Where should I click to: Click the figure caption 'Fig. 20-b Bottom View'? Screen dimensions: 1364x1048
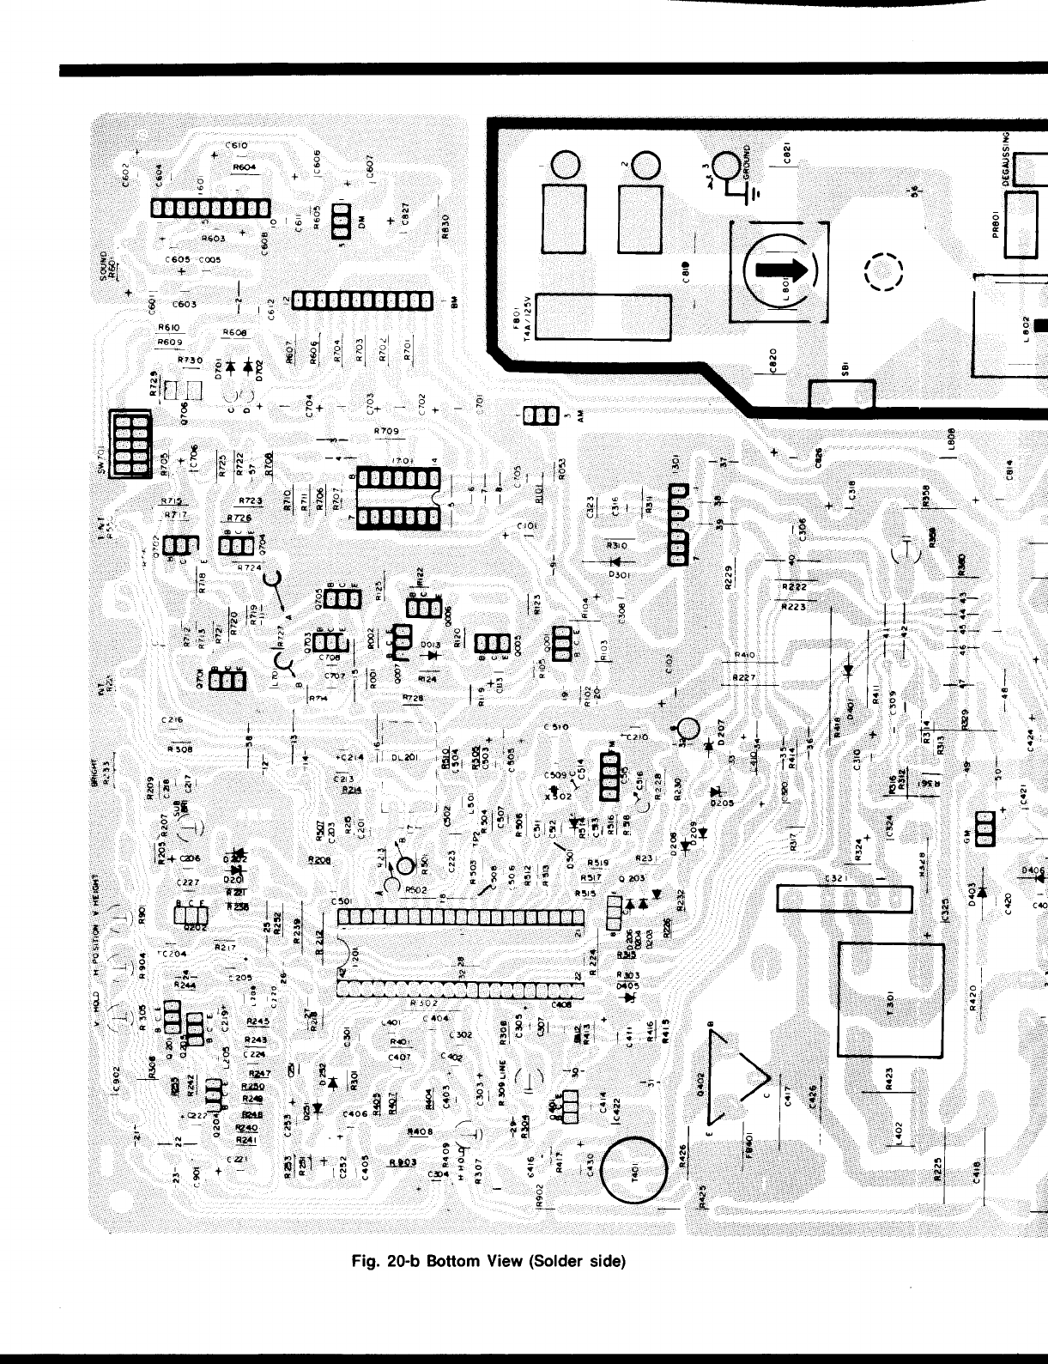click(x=488, y=1261)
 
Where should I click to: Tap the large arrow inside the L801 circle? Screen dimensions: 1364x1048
click(x=784, y=271)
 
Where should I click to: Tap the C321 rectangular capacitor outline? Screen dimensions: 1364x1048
click(x=845, y=898)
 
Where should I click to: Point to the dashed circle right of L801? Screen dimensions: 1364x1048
click(x=884, y=272)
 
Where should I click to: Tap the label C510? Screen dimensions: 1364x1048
click(x=556, y=727)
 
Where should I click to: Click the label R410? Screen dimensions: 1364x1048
click(x=745, y=657)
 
